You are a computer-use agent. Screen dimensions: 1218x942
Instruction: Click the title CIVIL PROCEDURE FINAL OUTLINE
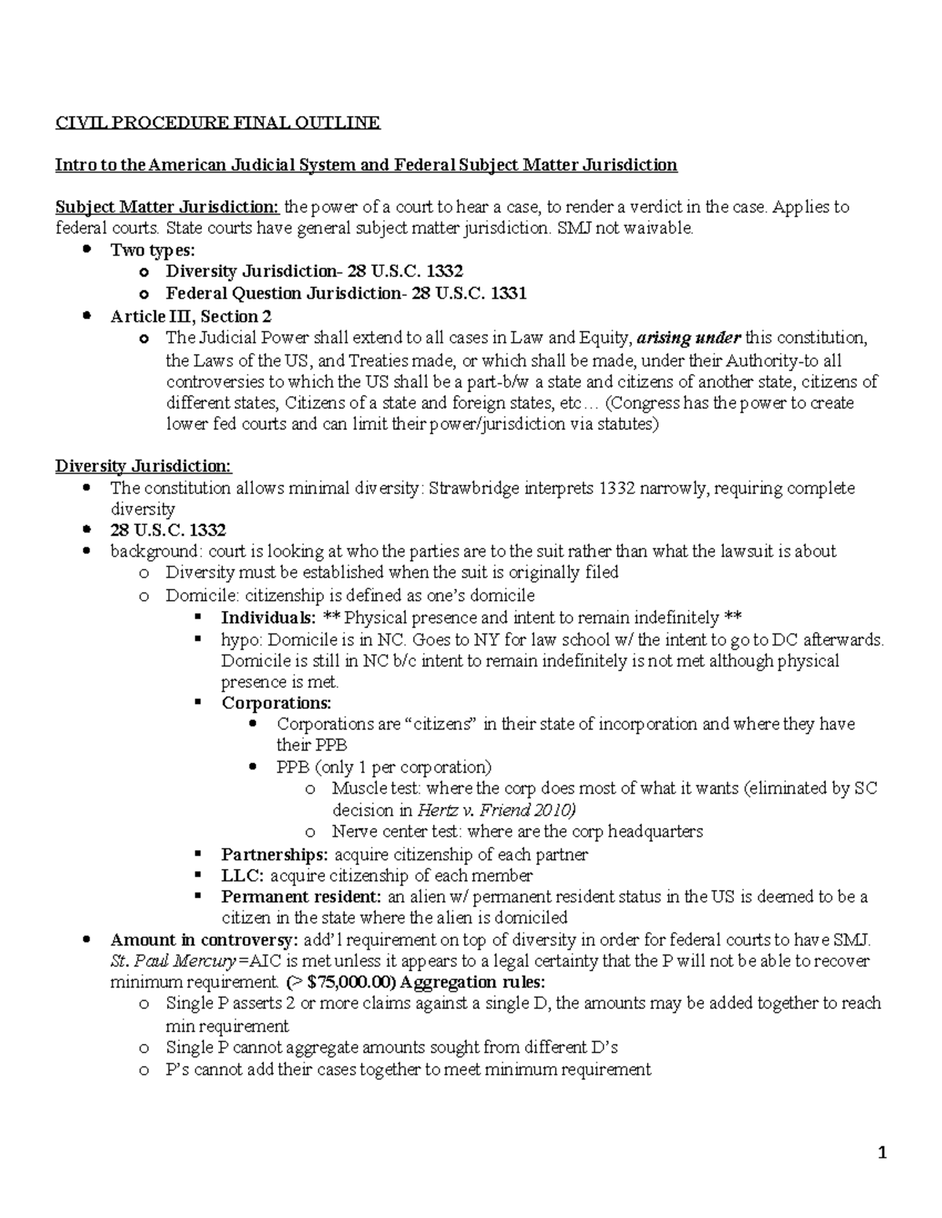coord(217,122)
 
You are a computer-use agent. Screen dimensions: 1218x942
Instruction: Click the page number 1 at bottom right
coord(882,1152)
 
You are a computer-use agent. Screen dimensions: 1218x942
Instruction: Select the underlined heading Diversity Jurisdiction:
coord(143,467)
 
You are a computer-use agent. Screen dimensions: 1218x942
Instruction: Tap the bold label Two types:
coord(152,250)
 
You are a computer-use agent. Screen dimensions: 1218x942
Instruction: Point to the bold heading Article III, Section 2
coord(191,316)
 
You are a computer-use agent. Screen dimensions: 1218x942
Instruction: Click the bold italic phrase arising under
coord(688,338)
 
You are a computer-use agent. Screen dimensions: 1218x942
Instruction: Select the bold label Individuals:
coord(268,617)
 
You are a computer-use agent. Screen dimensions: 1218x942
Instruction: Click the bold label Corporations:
coord(276,703)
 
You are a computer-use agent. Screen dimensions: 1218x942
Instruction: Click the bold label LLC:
coord(243,875)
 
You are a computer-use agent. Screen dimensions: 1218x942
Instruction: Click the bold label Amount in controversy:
coord(204,940)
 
